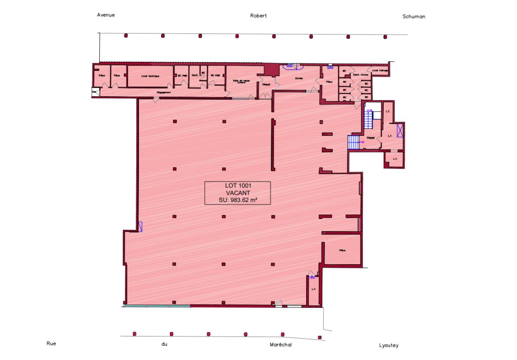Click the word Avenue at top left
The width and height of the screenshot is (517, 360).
[106, 15]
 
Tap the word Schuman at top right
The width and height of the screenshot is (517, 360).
[414, 17]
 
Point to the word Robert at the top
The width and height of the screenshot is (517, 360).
[258, 16]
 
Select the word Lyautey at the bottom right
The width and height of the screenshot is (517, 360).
[389, 345]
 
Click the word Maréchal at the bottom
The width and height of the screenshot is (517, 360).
[280, 345]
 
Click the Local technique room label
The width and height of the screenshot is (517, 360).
[150, 76]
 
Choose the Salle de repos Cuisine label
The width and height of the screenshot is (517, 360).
[241, 81]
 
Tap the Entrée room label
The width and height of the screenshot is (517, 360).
[299, 78]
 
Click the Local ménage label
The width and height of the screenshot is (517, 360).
[380, 70]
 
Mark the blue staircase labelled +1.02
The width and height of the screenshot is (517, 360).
[353, 142]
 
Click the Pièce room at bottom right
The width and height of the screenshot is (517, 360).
[343, 251]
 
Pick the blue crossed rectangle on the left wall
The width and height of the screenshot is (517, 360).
[140, 227]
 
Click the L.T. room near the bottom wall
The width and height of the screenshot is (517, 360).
[313, 289]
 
